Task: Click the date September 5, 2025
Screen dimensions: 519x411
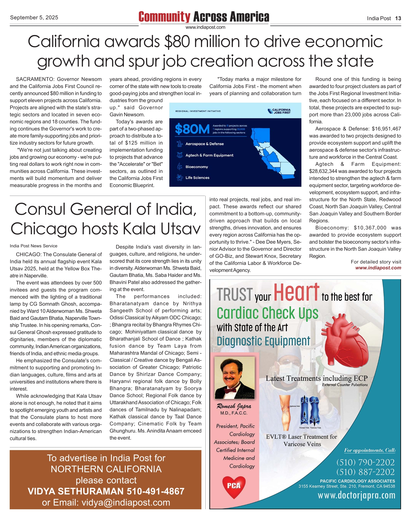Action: pyautogui.click(x=34, y=18)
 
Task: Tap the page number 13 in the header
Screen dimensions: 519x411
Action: pyautogui.click(x=398, y=18)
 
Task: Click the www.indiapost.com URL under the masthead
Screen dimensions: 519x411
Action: pyautogui.click(x=205, y=27)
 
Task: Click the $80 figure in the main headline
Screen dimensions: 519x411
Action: pyautogui.click(x=177, y=42)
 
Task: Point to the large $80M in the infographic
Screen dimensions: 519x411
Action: pyautogui.click(x=192, y=129)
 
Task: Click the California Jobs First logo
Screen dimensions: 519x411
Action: pyautogui.click(x=279, y=111)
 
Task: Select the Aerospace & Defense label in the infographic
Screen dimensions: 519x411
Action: pyautogui.click(x=204, y=144)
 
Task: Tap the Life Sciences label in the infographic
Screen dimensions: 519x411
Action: pyautogui.click(x=197, y=178)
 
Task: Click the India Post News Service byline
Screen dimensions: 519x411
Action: pyautogui.click(x=33, y=246)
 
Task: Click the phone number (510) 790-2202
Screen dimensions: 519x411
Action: pyautogui.click(x=365, y=462)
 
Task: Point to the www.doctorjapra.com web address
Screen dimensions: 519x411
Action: pyautogui.click(x=356, y=495)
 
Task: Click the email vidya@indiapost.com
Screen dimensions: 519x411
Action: pyautogui.click(x=126, y=502)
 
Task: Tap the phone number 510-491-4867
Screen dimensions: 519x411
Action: pyautogui.click(x=156, y=491)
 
